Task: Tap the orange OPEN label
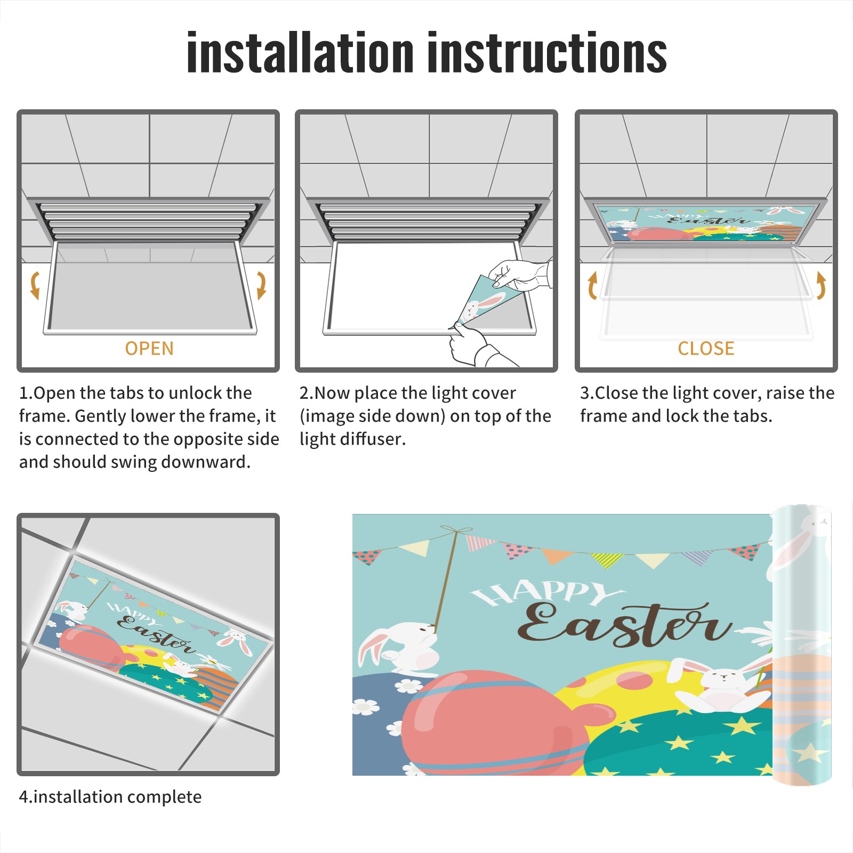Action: click(x=149, y=349)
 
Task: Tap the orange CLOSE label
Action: click(x=706, y=349)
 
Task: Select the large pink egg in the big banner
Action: click(x=493, y=722)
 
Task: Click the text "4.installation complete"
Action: click(x=110, y=796)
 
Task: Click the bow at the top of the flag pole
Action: click(x=456, y=530)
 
